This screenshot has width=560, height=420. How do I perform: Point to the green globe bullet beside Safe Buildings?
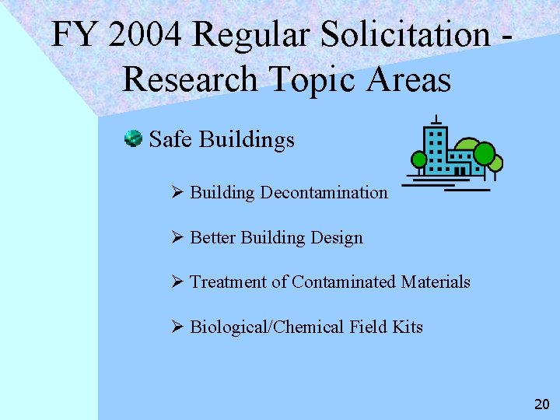[133, 139]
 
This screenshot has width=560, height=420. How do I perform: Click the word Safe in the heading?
[170, 139]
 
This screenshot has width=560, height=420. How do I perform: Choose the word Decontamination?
[324, 192]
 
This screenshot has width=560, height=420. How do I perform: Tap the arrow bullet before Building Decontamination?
[178, 192]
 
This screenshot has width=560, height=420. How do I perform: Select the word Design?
[337, 237]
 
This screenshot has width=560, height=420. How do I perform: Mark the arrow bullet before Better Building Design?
[178, 237]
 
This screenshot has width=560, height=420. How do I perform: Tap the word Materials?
[436, 282]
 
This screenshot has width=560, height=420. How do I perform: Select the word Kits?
[407, 327]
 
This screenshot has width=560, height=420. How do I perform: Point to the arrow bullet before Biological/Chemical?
[178, 327]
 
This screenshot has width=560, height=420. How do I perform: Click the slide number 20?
[541, 404]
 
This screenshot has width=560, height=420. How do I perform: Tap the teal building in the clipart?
[437, 150]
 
